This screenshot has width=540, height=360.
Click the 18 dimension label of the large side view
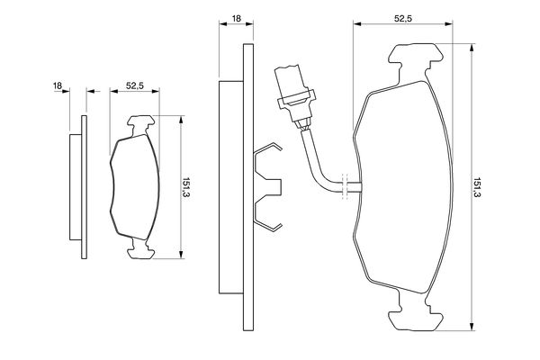coord(237,18)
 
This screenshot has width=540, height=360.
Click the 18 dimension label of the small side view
coord(58,85)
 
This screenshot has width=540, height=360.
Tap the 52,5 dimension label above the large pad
coord(403,19)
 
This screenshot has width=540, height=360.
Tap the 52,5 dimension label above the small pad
coord(135,85)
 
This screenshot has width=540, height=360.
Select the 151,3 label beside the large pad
coord(477,187)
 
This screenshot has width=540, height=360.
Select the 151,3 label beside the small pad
coord(186,187)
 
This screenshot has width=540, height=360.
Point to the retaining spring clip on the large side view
coord(268,187)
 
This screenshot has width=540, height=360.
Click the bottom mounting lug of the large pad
coord(416,313)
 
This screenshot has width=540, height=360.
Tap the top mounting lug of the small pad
coord(141,125)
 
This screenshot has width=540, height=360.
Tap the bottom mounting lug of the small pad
coord(141,249)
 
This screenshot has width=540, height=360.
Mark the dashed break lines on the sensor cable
coord(345,186)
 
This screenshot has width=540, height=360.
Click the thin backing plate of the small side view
coord(84,187)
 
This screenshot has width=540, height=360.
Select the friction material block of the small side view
coord(76,187)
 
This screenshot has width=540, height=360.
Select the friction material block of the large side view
coord(231,187)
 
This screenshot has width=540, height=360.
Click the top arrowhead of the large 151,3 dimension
coord(472,48)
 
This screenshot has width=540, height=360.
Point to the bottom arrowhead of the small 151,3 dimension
coord(181,255)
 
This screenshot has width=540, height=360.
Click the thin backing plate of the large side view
coord(248,187)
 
